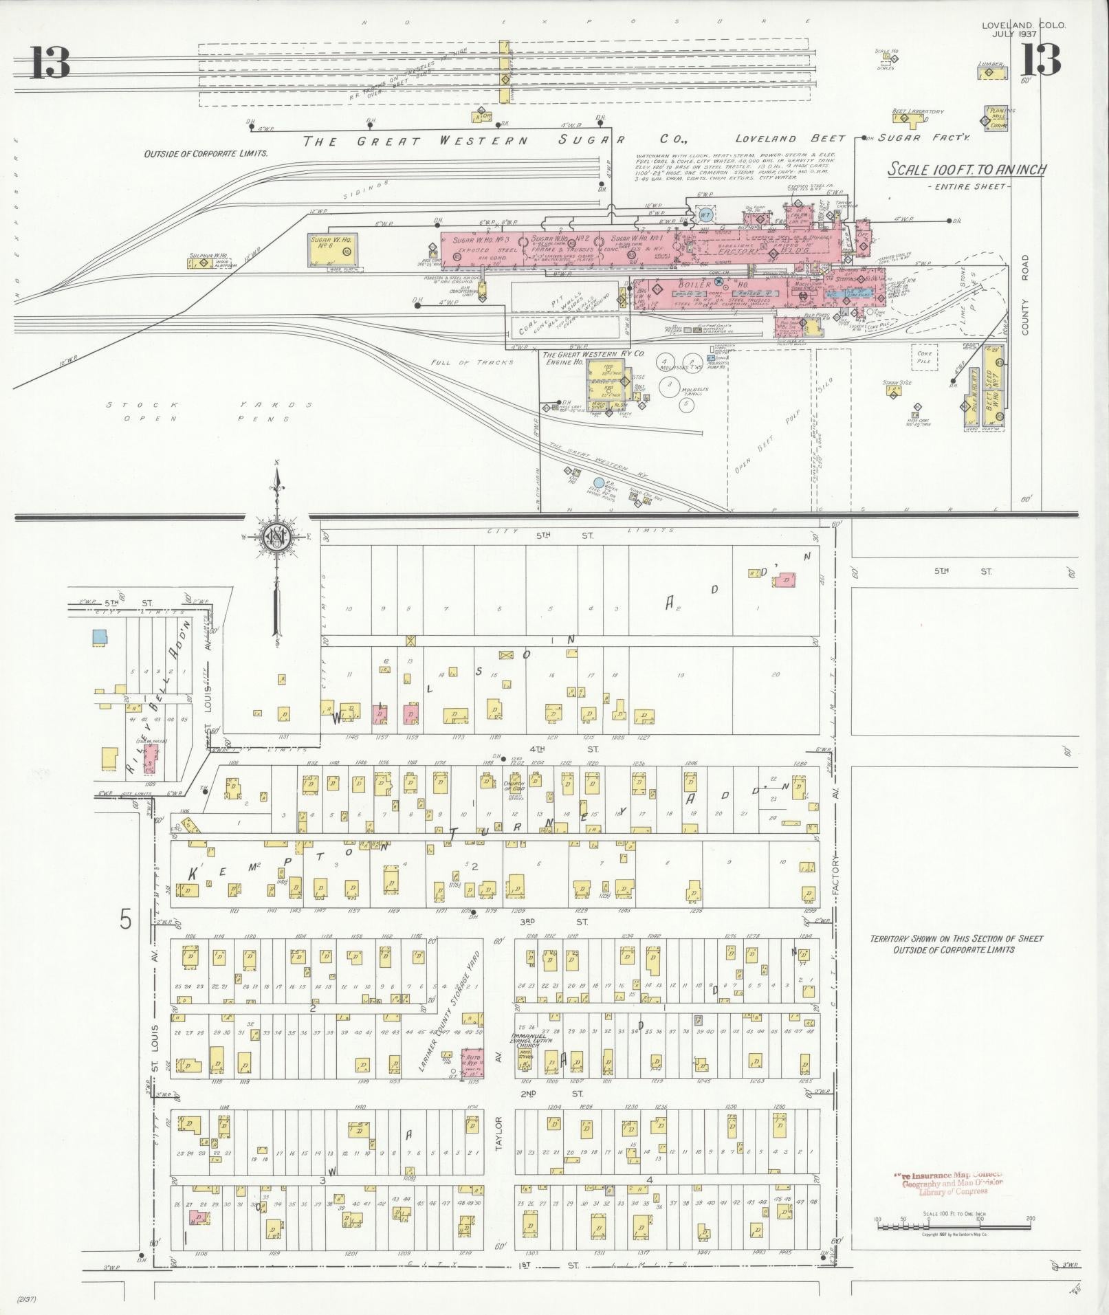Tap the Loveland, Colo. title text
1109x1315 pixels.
click(x=1024, y=25)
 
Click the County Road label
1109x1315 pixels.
click(x=1024, y=296)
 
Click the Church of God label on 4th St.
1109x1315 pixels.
click(x=514, y=786)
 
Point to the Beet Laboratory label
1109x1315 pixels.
click(x=917, y=111)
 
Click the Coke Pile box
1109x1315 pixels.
click(x=924, y=356)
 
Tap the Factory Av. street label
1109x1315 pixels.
click(x=835, y=874)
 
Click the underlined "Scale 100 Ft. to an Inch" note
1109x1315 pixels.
click(x=967, y=169)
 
